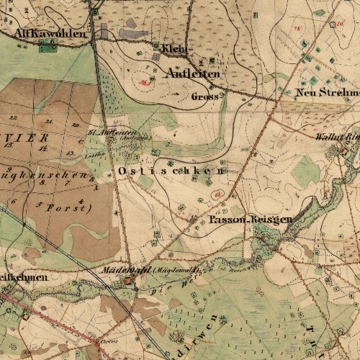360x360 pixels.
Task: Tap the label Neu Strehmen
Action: click(x=328, y=92)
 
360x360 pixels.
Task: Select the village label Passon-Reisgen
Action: click(x=251, y=218)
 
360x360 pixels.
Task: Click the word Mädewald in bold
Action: click(x=118, y=269)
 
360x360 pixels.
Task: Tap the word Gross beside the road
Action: click(x=205, y=96)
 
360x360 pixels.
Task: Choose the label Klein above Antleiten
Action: click(x=174, y=48)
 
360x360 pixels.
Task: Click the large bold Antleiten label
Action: click(x=192, y=73)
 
